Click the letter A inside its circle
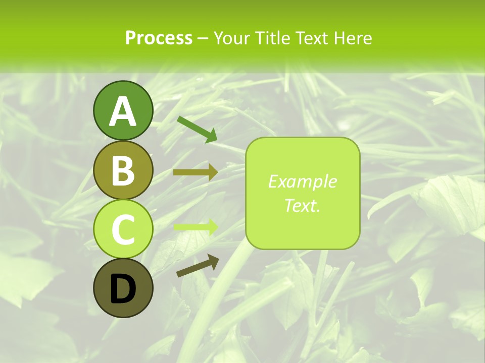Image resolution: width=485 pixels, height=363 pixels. coord(123,111)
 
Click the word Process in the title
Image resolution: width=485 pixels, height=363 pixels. coord(159,38)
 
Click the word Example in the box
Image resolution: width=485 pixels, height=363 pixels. coord(302,181)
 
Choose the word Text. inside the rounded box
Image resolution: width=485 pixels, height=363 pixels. coord(302,205)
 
